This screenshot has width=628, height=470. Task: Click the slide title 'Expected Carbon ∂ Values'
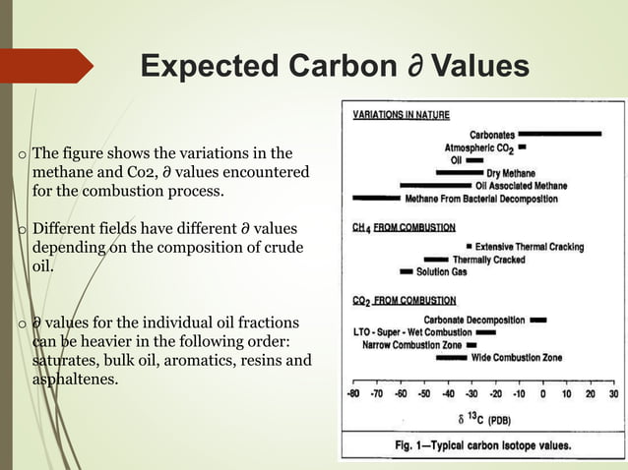coord(335,66)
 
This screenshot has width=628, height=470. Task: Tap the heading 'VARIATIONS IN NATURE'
coord(402,115)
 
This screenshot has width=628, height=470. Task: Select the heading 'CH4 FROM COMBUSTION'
coord(404,227)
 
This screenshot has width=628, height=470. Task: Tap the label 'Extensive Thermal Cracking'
coord(530,246)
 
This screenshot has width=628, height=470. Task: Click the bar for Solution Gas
coord(406,271)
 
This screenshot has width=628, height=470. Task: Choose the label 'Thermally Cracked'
coord(488,260)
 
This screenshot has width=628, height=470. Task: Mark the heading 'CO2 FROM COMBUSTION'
coord(404,300)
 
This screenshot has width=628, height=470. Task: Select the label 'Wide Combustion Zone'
coord(517,358)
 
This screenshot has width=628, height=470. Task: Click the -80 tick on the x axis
coord(352,394)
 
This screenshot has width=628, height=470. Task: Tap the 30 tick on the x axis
coord(614,394)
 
